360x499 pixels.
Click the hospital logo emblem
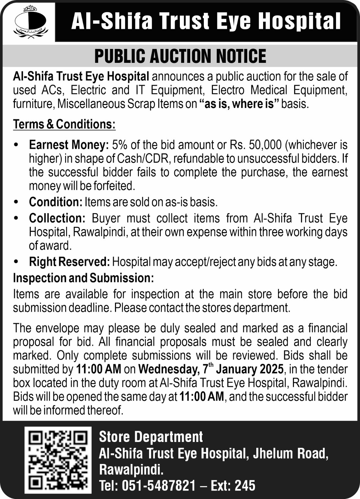(x=30, y=22)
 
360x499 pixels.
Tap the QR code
(x=58, y=459)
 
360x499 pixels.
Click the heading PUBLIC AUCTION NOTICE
(x=180, y=56)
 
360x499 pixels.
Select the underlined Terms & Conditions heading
(x=64, y=124)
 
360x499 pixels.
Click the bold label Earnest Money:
(x=69, y=145)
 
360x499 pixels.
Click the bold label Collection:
(x=57, y=218)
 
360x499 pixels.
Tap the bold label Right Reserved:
(x=69, y=262)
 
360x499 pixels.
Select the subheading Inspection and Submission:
(x=83, y=278)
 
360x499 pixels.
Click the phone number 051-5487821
(x=159, y=486)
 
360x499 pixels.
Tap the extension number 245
(x=245, y=486)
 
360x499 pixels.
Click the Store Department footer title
(x=151, y=437)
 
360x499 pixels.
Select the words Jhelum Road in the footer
(x=289, y=453)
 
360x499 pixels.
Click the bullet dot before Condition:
(x=16, y=202)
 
